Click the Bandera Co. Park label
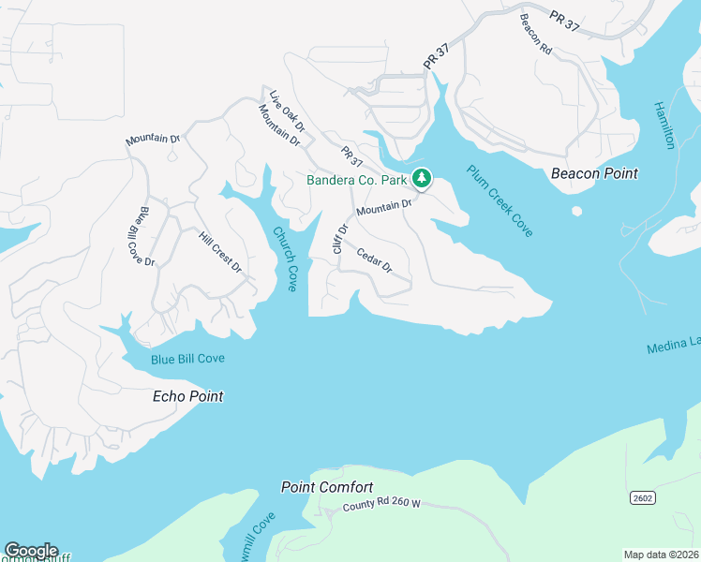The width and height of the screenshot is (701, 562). click(357, 179)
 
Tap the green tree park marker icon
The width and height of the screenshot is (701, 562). click(423, 177)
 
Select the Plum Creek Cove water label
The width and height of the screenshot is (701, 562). click(500, 200)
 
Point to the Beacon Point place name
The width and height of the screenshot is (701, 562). click(594, 173)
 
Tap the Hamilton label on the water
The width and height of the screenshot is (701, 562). click(664, 125)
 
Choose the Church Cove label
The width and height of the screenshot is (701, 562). click(285, 259)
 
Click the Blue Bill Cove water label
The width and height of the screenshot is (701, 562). click(187, 359)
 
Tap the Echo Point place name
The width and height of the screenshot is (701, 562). click(187, 396)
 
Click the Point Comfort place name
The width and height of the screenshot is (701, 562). click(327, 487)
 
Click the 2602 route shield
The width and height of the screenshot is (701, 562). click(642, 497)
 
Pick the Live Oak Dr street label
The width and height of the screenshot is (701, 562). click(288, 111)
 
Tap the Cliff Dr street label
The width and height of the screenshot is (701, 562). click(340, 238)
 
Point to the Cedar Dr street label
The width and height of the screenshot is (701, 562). click(374, 260)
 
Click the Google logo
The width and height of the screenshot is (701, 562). click(31, 551)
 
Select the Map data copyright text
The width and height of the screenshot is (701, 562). click(662, 555)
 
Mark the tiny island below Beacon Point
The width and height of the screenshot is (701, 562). click(576, 211)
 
